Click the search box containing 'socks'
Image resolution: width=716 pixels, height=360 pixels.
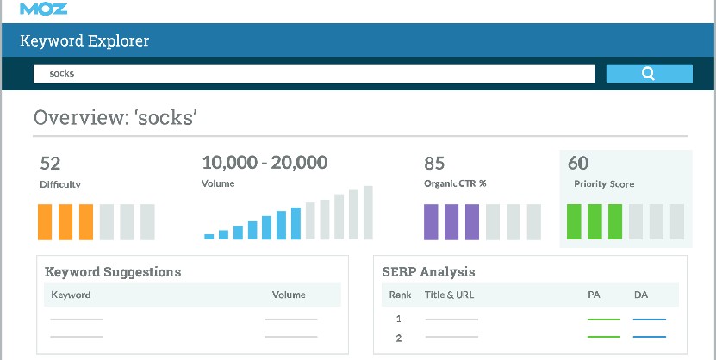coord(314,73)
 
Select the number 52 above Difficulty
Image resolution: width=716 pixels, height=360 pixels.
coord(50,163)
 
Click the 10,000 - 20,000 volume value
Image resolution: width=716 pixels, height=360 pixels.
coord(264,163)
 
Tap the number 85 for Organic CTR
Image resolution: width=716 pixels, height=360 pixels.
coord(434,163)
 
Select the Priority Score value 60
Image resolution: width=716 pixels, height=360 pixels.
coord(578,163)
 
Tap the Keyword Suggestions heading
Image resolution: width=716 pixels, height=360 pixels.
coord(113,272)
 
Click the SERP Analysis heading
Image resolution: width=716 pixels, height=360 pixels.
coord(428,272)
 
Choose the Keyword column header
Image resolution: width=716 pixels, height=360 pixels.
coord(71,295)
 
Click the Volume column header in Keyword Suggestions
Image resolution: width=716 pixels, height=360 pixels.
coord(289,295)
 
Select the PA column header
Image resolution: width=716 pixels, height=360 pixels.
coord(593,295)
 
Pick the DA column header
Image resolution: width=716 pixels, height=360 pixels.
coord(640,295)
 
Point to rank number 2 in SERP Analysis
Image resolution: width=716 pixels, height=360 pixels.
coord(398,338)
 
